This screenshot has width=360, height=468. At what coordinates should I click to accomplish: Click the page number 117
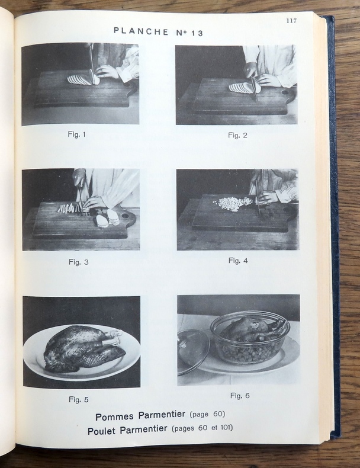pos(291,21)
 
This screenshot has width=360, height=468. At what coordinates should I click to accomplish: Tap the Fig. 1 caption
pos(77,134)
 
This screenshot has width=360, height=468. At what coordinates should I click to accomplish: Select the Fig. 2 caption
pos(237,136)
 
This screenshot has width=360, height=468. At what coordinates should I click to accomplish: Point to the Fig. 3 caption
pos(79,262)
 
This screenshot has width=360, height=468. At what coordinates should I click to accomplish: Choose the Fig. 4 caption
pos(238,261)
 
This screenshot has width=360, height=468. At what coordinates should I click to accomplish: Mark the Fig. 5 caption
pos(79,400)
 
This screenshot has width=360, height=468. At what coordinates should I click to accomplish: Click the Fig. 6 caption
pos(240,396)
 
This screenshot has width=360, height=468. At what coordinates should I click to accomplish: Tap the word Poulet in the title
pos(101,431)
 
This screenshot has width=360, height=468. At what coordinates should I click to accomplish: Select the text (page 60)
pos(207,414)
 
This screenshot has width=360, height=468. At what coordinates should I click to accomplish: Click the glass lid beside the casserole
pos(192,351)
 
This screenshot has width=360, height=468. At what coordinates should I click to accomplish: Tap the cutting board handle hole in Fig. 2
pos(285,92)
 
